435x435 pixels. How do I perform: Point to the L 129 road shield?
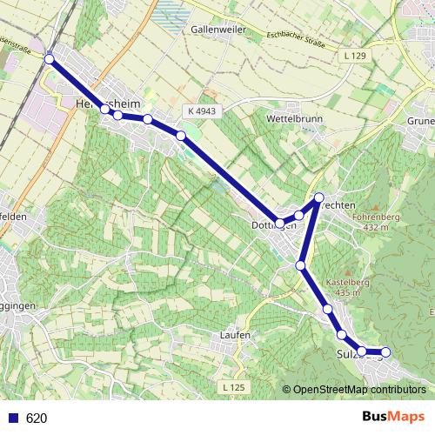[356, 55]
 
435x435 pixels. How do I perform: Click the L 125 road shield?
[232, 386]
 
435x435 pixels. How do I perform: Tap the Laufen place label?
[236, 335]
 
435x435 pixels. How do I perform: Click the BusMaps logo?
[394, 418]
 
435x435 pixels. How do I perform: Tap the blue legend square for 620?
[13, 418]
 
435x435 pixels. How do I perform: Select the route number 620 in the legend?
[37, 418]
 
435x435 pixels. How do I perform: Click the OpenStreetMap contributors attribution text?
[359, 390]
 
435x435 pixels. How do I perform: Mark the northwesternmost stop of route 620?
[50, 58]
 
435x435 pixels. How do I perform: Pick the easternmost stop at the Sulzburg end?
[385, 352]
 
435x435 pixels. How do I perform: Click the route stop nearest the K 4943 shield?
[181, 135]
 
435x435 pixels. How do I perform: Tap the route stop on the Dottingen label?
[279, 223]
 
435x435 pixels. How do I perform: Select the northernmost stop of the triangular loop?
[319, 197]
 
